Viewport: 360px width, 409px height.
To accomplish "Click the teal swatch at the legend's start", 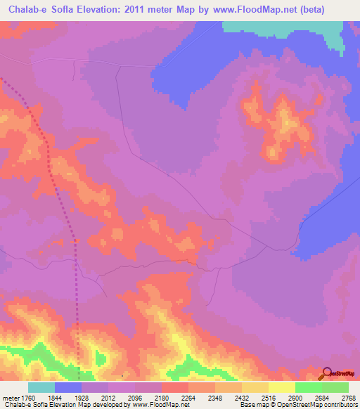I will (41, 387).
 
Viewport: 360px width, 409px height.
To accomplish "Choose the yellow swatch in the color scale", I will (281, 387).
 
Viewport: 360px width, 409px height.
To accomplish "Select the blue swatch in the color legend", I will (68, 387).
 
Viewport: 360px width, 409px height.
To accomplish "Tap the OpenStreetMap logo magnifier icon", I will (326, 372).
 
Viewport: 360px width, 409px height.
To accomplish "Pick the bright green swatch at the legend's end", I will (335, 387).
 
